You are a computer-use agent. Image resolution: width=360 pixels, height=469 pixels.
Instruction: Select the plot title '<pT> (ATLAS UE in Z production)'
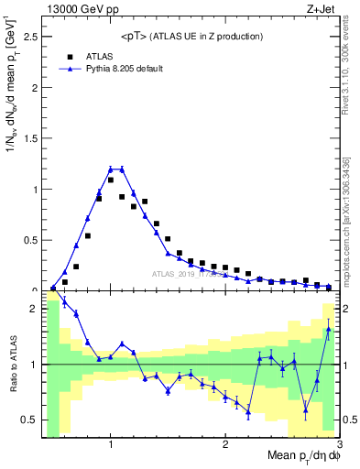click(191, 36)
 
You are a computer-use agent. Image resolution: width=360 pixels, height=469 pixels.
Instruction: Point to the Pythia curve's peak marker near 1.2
click(122, 169)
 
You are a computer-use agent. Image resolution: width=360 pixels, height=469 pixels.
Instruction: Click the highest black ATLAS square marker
click(111, 180)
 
